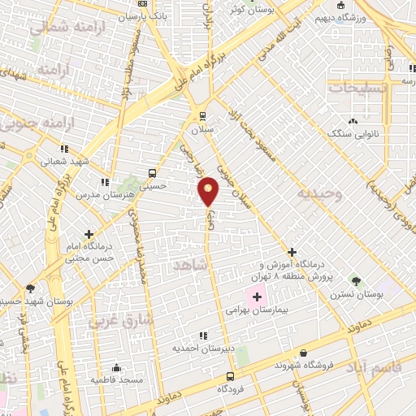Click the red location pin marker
tap(209, 191)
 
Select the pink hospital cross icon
tap(250, 293)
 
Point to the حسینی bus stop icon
tap(152, 173)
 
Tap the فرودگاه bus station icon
tap(231, 376)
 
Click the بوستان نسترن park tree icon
tap(355, 280)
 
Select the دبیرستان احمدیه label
tap(198, 348)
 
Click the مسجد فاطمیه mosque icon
tap(117, 366)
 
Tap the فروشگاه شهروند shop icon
tap(303, 353)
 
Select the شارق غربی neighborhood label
tap(128, 321)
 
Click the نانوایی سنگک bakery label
tap(349, 132)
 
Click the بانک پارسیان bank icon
tap(143, 4)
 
